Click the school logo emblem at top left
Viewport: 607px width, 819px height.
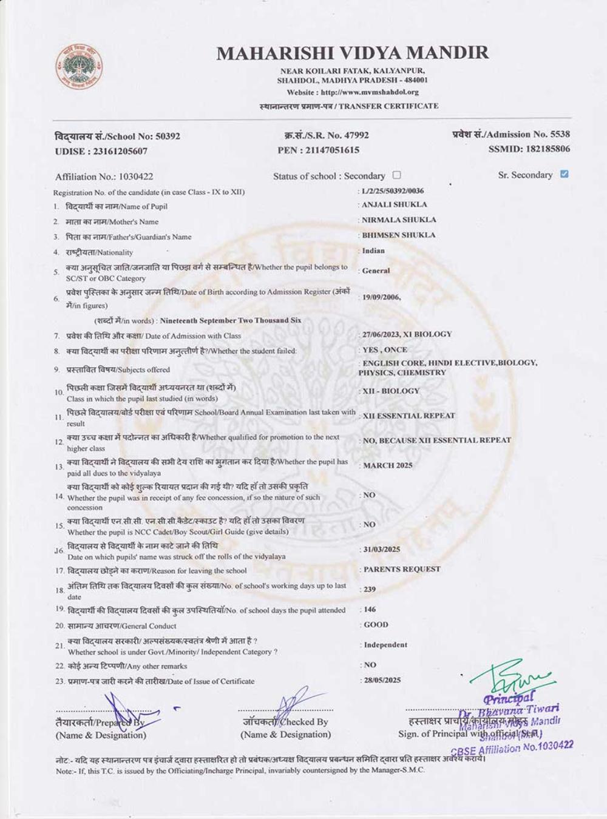pyautogui.click(x=79, y=65)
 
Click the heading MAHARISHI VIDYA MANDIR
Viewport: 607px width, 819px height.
pyautogui.click(x=352, y=53)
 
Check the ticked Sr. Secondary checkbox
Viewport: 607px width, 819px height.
pyautogui.click(x=565, y=174)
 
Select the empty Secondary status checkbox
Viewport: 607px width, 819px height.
pyautogui.click(x=396, y=175)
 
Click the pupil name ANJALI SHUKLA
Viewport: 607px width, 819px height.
pyautogui.click(x=395, y=205)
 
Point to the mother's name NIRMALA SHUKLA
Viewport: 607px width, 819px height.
pyautogui.click(x=399, y=220)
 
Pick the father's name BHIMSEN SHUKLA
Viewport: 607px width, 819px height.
pyautogui.click(x=399, y=235)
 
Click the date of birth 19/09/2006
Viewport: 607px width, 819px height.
pyautogui.click(x=381, y=297)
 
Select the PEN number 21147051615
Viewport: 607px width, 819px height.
pyautogui.click(x=334, y=150)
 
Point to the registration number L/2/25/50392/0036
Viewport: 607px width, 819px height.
pyautogui.click(x=393, y=191)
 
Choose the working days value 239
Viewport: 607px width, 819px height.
pyautogui.click(x=370, y=589)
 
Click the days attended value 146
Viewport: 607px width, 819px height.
pyautogui.click(x=370, y=609)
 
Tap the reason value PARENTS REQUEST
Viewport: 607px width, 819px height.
pyautogui.click(x=402, y=569)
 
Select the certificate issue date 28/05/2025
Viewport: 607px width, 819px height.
pyautogui.click(x=382, y=680)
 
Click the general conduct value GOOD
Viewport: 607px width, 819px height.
pyautogui.click(x=376, y=624)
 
